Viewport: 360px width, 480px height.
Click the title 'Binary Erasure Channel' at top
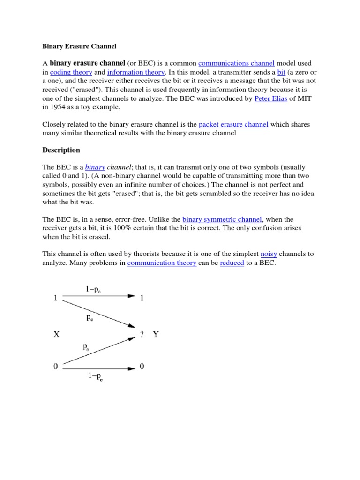[79, 46]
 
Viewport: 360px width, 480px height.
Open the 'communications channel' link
[236, 63]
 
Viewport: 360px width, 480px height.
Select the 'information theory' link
[136, 72]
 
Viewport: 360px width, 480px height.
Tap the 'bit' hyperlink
[281, 72]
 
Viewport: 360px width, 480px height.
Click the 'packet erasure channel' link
[233, 124]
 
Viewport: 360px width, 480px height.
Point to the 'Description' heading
[61, 150]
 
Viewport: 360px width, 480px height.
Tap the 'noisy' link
[269, 254]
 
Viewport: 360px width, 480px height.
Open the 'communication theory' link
[162, 263]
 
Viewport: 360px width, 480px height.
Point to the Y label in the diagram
[156, 335]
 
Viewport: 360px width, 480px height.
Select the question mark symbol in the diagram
[141, 335]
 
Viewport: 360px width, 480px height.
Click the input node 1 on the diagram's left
[56, 297]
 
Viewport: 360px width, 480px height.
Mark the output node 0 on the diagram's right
[142, 367]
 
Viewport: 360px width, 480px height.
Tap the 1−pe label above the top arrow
[93, 290]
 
